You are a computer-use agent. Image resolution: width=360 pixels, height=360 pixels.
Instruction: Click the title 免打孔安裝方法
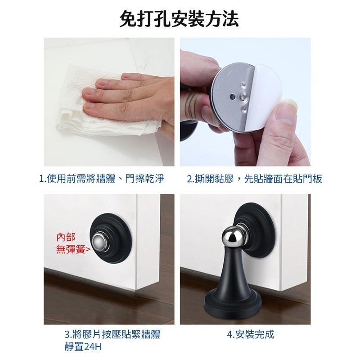(x=180, y=19)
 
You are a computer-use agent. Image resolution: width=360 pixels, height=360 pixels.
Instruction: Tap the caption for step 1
(x=101, y=179)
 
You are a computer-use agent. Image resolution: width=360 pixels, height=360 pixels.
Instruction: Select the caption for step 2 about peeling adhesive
(x=255, y=179)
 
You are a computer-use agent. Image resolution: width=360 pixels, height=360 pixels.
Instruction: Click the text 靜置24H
(x=83, y=347)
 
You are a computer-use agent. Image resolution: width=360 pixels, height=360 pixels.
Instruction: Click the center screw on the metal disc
(x=243, y=95)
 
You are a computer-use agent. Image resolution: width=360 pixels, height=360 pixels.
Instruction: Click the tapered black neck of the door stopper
(x=234, y=272)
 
